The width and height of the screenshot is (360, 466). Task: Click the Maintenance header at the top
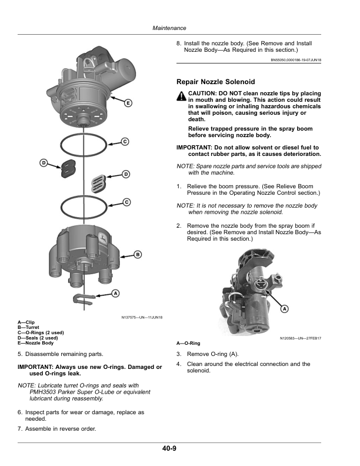click(169, 28)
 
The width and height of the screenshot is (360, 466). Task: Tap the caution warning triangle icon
click(181, 97)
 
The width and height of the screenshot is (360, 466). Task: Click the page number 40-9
click(170, 448)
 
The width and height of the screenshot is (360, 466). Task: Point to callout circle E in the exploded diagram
click(128, 103)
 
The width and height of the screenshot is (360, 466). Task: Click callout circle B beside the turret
click(137, 254)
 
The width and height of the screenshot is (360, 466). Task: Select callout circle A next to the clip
click(115, 292)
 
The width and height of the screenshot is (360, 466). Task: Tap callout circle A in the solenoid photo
click(284, 308)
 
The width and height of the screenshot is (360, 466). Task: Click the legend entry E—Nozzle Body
click(36, 343)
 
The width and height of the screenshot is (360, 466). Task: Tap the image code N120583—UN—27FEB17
click(300, 338)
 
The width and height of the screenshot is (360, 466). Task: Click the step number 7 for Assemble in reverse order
click(20, 429)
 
